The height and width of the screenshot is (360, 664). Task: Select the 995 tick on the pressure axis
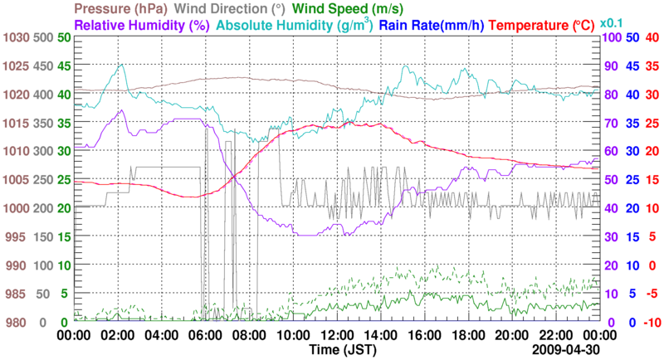(18, 237)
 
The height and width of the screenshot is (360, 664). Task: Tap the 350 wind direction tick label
(40, 124)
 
